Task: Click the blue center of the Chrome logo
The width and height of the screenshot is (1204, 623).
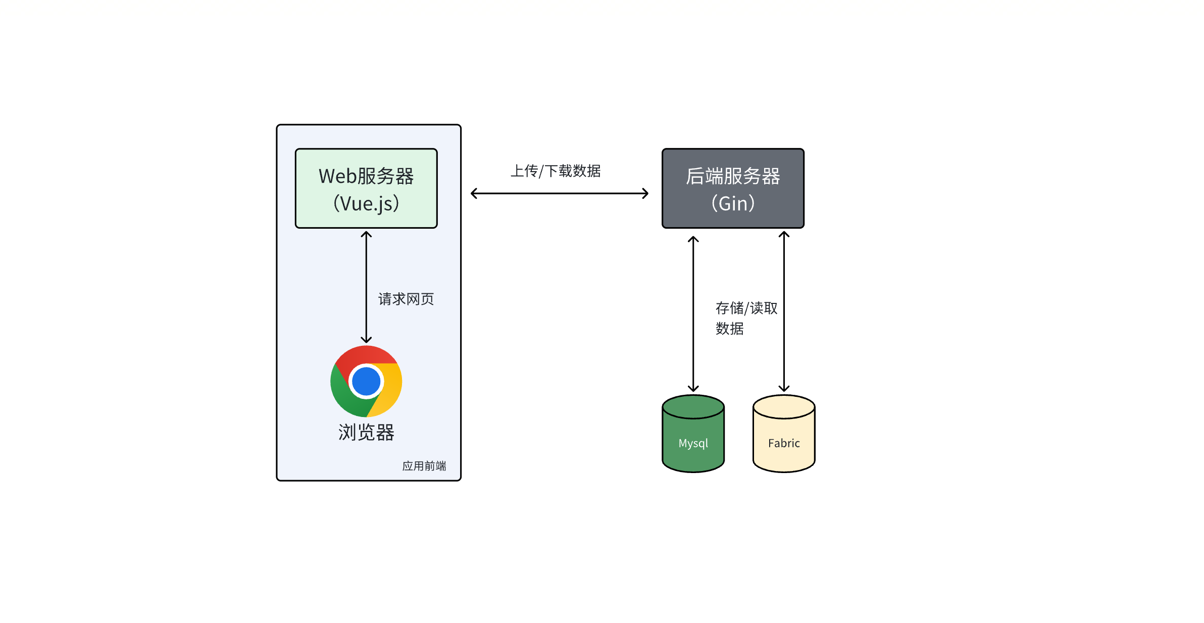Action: (x=366, y=381)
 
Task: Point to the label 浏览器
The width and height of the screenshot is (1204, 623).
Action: (x=366, y=433)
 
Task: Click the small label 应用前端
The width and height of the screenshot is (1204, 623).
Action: (x=424, y=465)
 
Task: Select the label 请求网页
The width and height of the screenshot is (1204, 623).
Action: (x=406, y=299)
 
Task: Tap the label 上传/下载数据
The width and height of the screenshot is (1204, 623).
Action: (x=555, y=171)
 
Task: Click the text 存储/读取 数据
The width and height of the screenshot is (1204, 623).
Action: (x=745, y=318)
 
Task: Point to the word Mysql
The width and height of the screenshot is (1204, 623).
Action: (x=693, y=443)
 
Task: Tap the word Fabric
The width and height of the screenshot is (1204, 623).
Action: (x=783, y=443)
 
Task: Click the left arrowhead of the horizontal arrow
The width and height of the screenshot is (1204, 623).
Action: (x=473, y=193)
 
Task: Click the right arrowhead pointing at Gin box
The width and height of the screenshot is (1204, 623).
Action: (x=646, y=193)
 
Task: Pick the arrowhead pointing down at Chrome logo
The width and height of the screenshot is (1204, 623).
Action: (x=366, y=340)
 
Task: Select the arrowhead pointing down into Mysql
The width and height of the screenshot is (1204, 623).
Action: (x=693, y=389)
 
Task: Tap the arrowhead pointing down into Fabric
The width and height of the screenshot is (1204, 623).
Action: (x=783, y=389)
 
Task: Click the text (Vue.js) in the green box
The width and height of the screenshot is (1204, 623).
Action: (x=366, y=203)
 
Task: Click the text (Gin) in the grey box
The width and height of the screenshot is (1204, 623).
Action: (x=732, y=203)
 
